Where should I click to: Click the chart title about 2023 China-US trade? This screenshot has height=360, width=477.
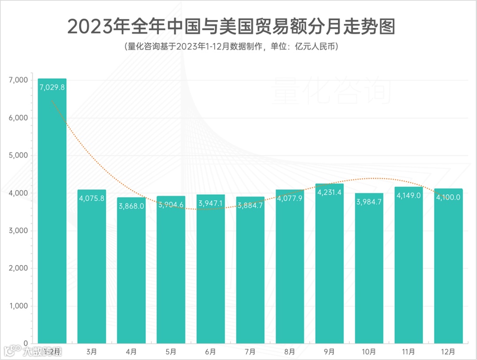pos(231,27)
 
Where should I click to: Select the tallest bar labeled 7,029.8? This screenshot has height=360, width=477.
pos(52,212)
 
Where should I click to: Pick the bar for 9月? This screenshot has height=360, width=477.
pos(329,265)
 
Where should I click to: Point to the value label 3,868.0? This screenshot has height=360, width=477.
pos(131,206)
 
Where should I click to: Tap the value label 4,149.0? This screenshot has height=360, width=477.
pos(409,195)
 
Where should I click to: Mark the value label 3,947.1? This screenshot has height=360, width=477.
pos(211,203)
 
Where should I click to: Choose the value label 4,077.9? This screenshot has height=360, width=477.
pos(290,198)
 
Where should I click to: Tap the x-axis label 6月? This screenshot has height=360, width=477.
pos(211,352)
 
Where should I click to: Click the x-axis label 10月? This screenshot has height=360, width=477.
pos(369,352)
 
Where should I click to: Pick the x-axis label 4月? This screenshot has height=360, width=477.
pos(131,352)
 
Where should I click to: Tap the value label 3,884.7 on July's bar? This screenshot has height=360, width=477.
pos(250,205)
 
